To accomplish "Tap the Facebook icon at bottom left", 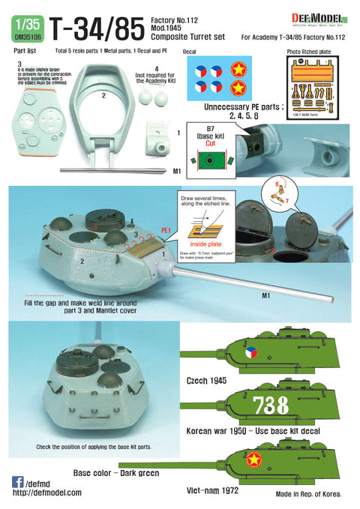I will [17, 482].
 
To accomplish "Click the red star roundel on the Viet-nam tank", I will [249, 457].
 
